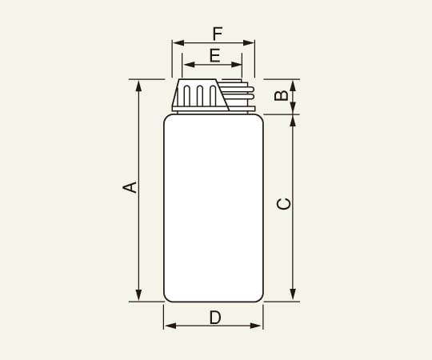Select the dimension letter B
281,96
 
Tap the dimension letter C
283,204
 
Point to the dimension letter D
214,317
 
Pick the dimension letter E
214,55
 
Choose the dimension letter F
217,34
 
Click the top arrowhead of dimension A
139,83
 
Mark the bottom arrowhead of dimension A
139,298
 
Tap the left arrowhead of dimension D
167,326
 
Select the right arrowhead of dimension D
258,326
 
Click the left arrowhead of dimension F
176,43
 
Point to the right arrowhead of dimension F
251,43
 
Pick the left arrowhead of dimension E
186,64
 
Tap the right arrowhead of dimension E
239,64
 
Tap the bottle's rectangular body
214,208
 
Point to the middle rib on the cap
198,96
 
